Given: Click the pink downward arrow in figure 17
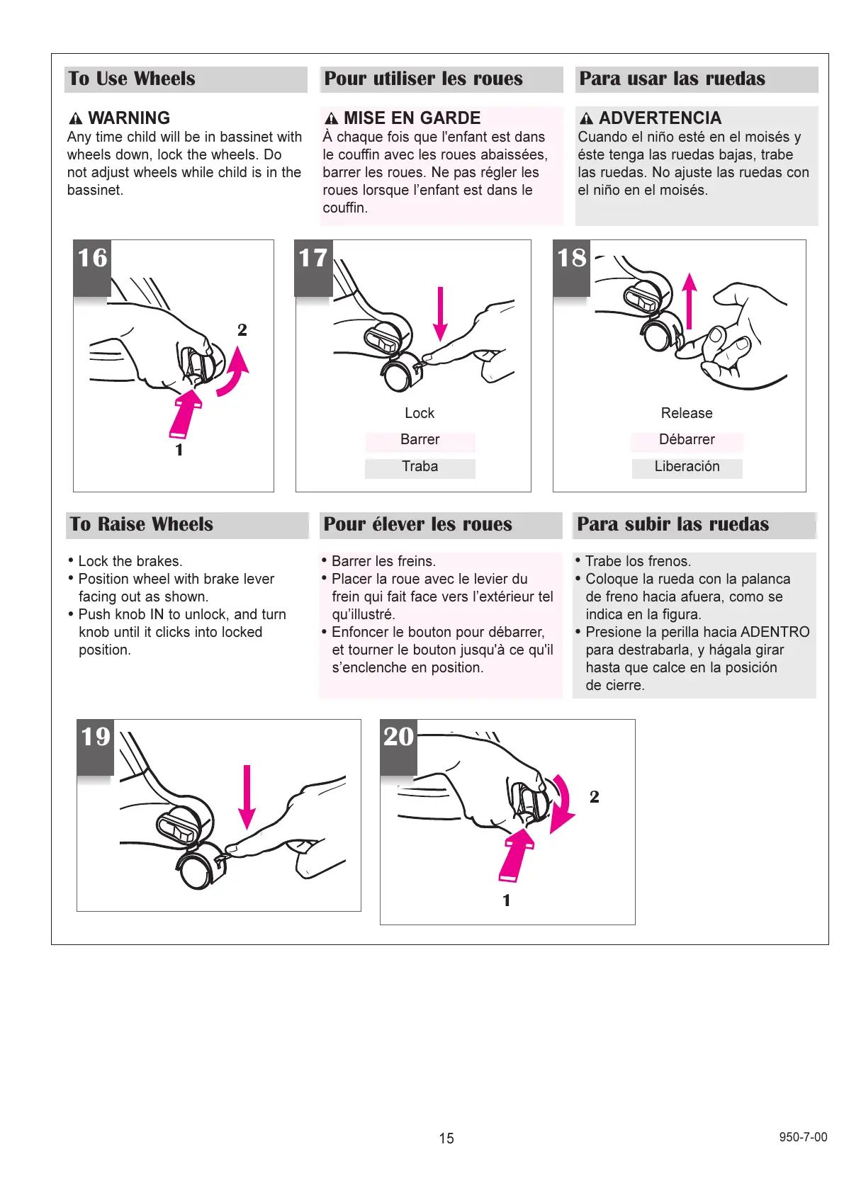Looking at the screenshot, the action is [440, 313].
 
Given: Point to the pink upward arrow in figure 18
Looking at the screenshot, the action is [689, 300].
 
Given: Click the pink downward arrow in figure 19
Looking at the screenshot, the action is [247, 796].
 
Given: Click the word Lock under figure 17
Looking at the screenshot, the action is [420, 413].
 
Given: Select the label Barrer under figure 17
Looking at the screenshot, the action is [420, 440].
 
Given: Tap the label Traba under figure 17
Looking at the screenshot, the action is [420, 467].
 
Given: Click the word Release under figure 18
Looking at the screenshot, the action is [687, 413].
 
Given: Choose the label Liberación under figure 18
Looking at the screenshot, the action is [687, 467].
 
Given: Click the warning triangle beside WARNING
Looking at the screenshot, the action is [76, 118].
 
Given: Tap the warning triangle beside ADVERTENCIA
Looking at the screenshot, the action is [586, 118].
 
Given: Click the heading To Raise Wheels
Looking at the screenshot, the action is [142, 524].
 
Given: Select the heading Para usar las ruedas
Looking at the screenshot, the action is [672, 79].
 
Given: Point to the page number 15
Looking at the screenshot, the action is [446, 1138].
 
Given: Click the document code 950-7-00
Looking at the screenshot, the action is [803, 1137].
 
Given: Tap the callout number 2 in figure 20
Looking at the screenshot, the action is [595, 797].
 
